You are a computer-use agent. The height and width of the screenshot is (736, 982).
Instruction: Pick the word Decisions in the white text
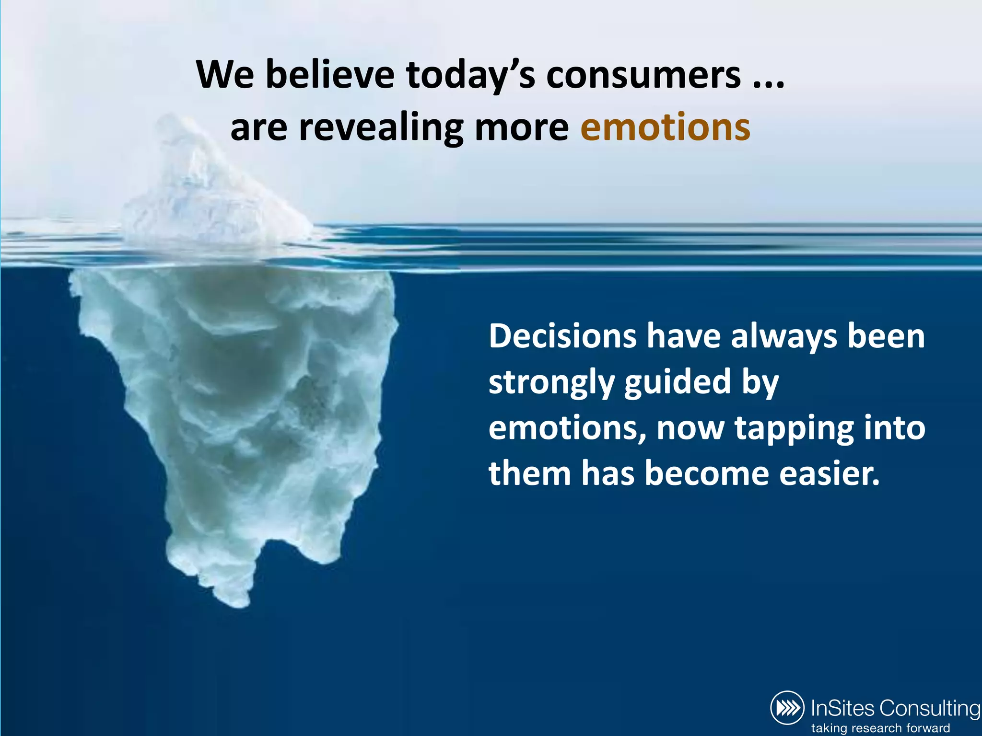[562, 336]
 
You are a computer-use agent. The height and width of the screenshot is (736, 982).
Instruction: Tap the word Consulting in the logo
[930, 708]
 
